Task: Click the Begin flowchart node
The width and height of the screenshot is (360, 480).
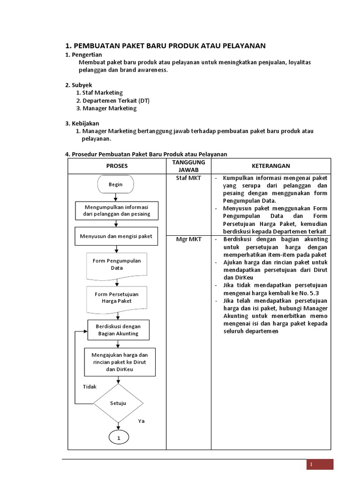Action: (x=115, y=184)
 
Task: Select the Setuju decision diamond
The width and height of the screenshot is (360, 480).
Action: (x=118, y=403)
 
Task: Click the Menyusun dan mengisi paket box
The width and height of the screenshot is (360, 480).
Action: (x=117, y=236)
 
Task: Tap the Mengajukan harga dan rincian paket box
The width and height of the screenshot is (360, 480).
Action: (x=119, y=362)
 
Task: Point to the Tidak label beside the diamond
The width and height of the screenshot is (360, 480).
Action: (x=90, y=387)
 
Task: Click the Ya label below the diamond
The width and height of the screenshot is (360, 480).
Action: (x=141, y=421)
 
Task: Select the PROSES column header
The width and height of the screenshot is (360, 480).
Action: (x=117, y=166)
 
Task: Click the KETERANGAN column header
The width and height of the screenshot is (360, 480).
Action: (x=271, y=166)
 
